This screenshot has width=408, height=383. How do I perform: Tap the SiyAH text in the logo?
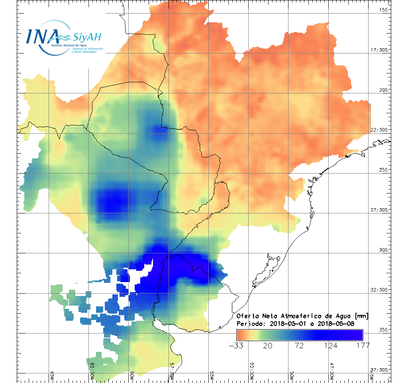[86, 37]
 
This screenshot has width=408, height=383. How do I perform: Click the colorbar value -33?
[236, 345]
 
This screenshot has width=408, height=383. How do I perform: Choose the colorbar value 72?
[299, 345]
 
